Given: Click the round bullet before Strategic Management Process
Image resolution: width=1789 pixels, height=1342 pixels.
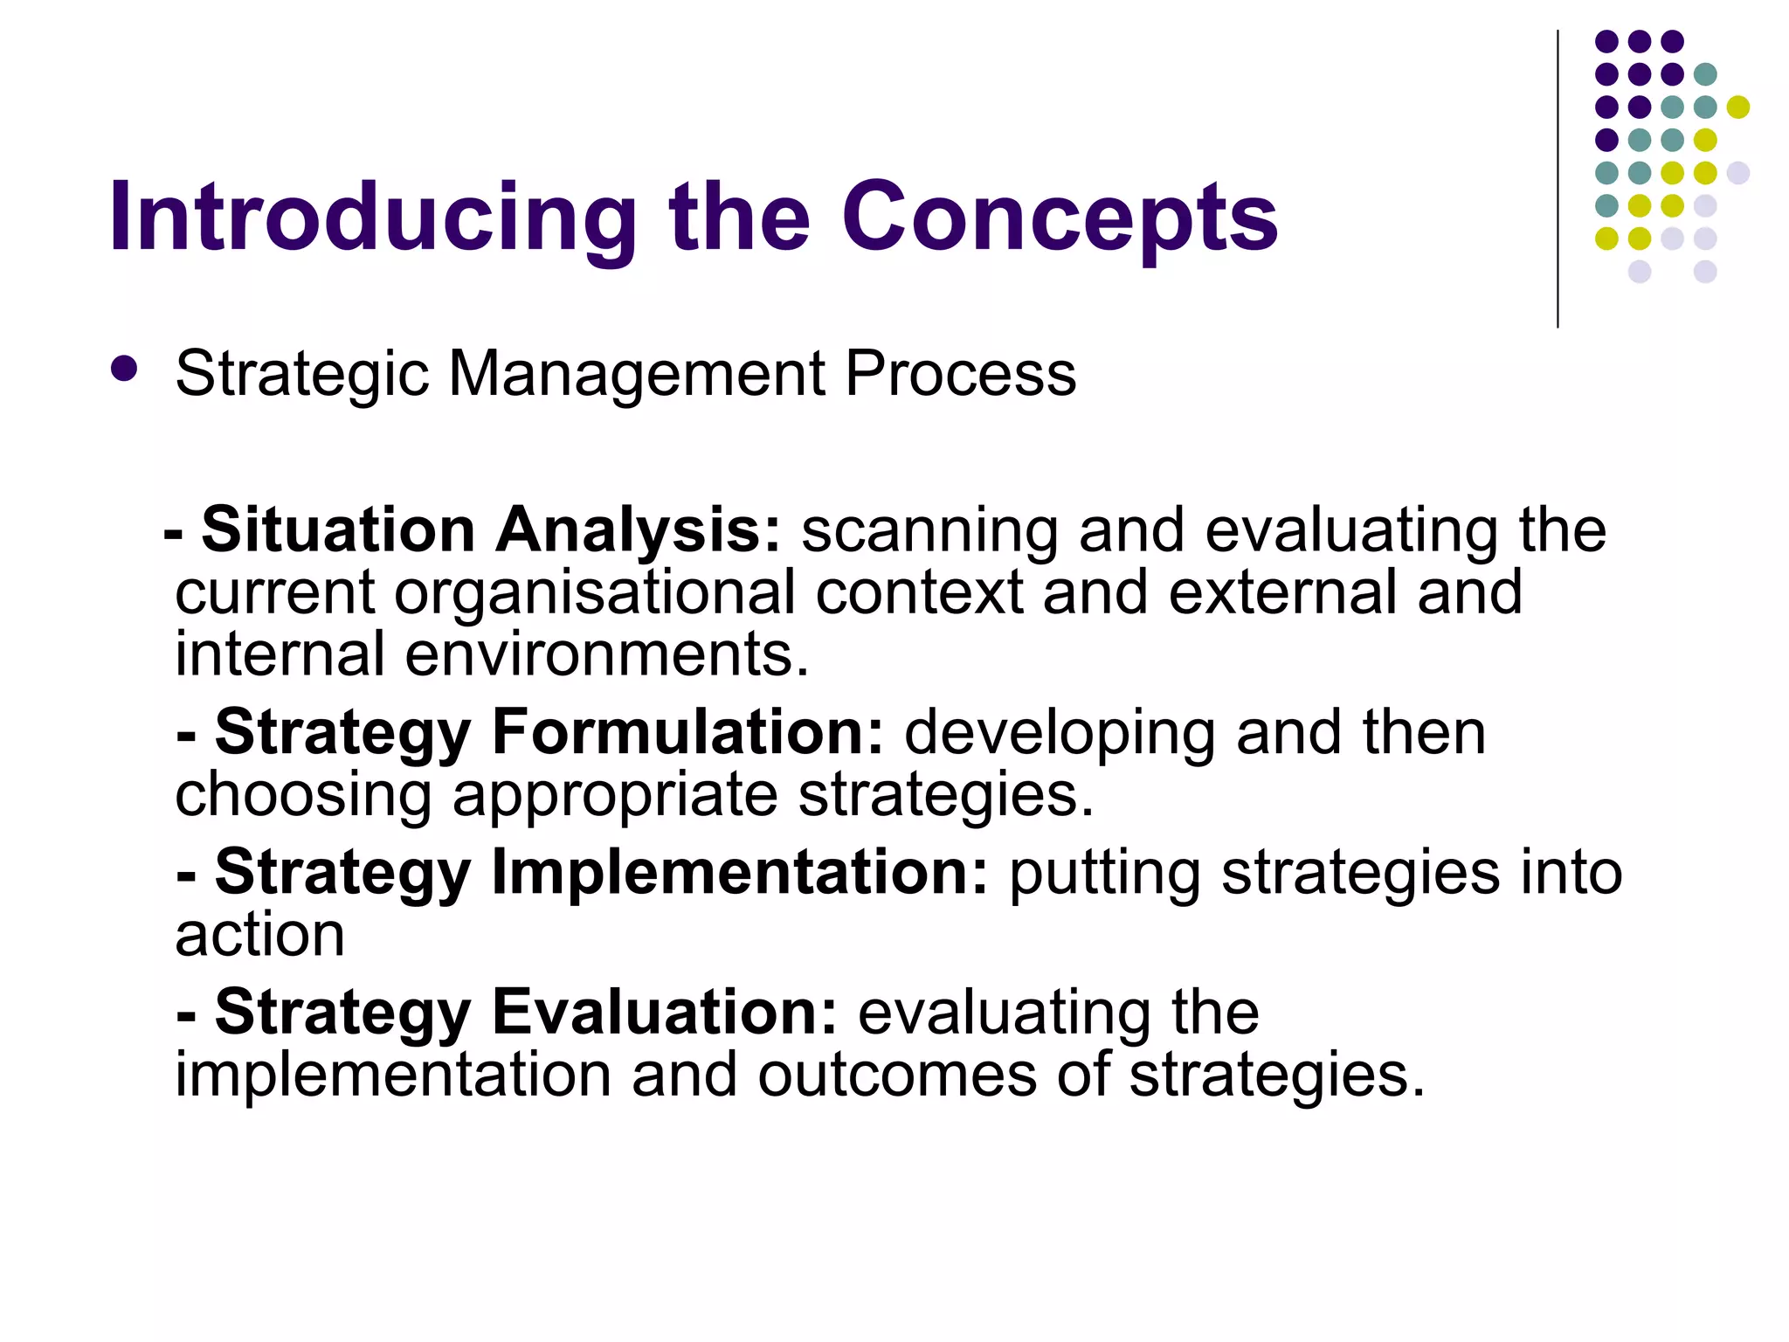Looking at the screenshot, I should pyautogui.click(x=125, y=369).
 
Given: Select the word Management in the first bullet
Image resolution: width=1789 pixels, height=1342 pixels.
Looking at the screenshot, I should pyautogui.click(x=636, y=374).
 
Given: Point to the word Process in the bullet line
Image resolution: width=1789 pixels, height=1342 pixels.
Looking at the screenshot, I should pyautogui.click(x=960, y=374).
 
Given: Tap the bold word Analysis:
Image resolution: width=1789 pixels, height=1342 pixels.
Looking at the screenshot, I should pyautogui.click(x=639, y=531).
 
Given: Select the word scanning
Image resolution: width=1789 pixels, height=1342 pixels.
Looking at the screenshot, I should pyautogui.click(x=929, y=531).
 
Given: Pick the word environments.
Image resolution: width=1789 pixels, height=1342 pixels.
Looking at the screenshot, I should pyautogui.click(x=607, y=655).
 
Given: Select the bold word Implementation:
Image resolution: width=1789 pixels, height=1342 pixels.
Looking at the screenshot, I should pyautogui.click(x=739, y=872).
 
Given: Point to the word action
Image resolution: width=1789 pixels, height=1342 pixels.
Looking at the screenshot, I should pyautogui.click(x=259, y=935).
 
